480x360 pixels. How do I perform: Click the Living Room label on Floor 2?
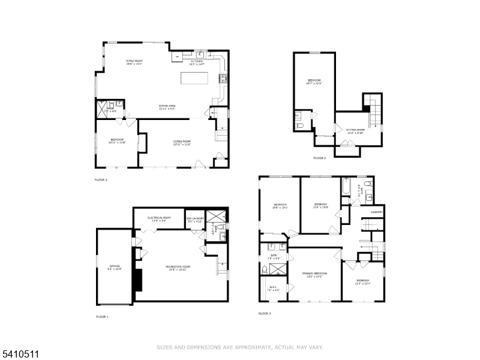[x=182, y=143]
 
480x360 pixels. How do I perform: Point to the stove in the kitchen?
[x=223, y=77]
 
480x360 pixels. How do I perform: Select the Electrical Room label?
[x=159, y=218]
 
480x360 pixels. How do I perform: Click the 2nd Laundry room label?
[x=195, y=220]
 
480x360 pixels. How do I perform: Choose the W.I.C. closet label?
[x=273, y=287]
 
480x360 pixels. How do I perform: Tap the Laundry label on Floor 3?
[x=376, y=212]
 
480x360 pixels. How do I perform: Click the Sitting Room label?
[x=356, y=130]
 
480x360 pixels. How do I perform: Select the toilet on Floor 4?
[x=298, y=125]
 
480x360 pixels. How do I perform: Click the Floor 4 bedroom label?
[x=314, y=82]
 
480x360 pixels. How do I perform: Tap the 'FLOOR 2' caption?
[x=101, y=179]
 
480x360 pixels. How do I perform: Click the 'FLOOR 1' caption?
[x=103, y=316]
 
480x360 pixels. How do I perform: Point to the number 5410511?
[x=19, y=355]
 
